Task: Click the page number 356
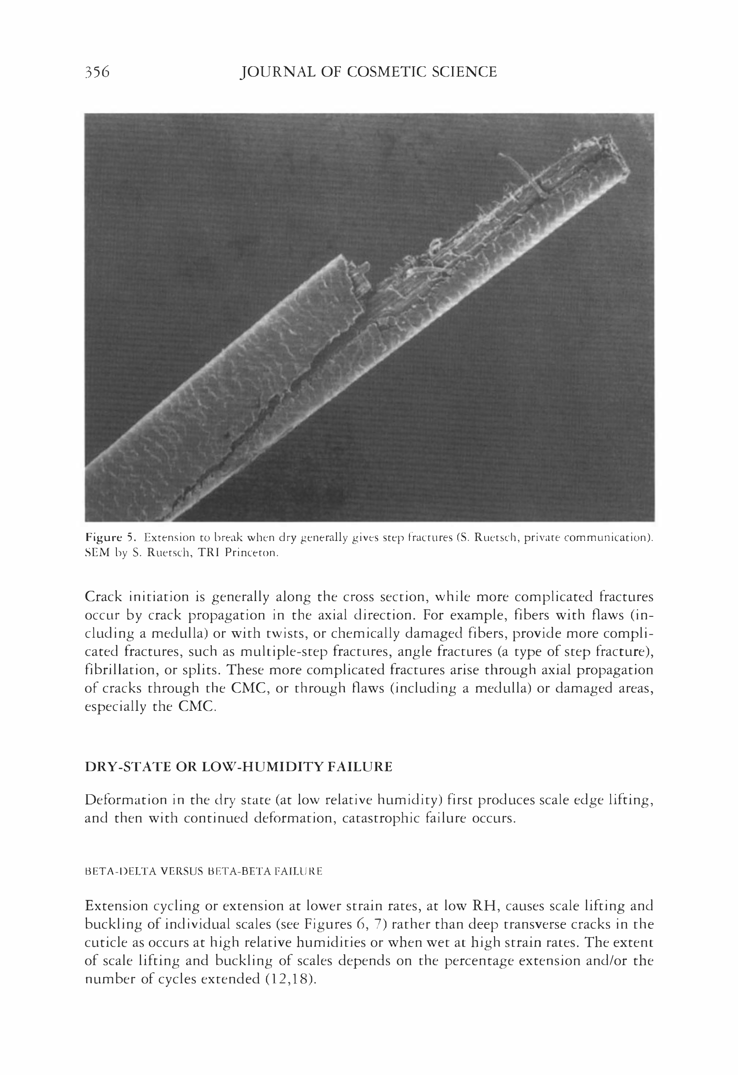point(97,72)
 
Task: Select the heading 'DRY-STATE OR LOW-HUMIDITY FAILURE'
point(238,767)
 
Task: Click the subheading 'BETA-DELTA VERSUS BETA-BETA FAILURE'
point(203,872)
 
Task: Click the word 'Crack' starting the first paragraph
point(104,597)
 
